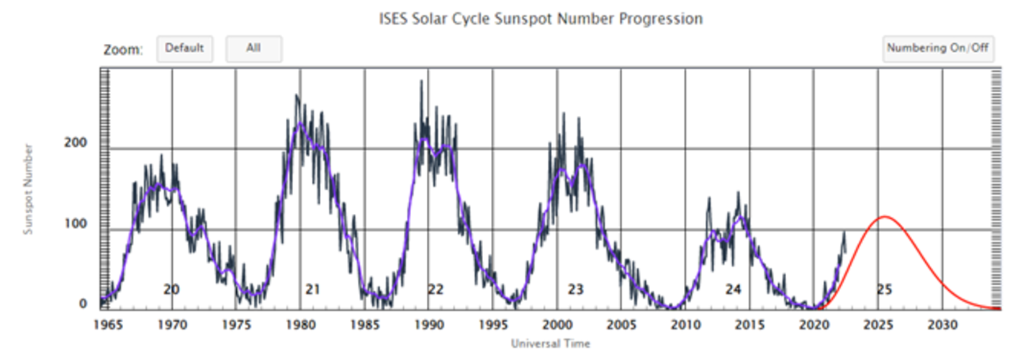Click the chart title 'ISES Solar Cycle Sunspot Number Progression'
pyautogui.click(x=541, y=19)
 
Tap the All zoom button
pyautogui.click(x=253, y=49)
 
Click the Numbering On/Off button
pyautogui.click(x=938, y=49)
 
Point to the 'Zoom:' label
pyautogui.click(x=123, y=50)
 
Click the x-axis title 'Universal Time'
pyautogui.click(x=550, y=344)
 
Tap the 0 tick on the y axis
pyautogui.click(x=84, y=304)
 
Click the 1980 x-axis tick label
pyautogui.click(x=300, y=325)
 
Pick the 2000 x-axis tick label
pyautogui.click(x=556, y=325)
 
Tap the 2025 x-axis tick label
pyautogui.click(x=878, y=325)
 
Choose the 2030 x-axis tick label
pyautogui.click(x=942, y=325)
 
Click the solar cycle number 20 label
pyautogui.click(x=171, y=289)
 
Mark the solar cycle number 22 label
pyautogui.click(x=436, y=289)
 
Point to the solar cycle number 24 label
pyautogui.click(x=733, y=289)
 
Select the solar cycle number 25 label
pyautogui.click(x=884, y=289)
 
